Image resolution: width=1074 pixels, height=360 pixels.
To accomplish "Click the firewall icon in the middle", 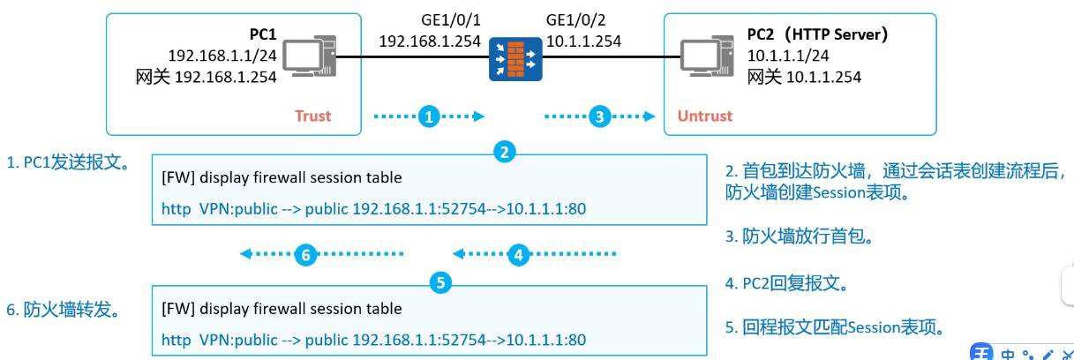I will (x=516, y=58).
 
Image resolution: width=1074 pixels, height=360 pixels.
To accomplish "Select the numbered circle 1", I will (x=429, y=116).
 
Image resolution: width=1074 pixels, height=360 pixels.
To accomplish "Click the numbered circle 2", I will (x=504, y=152).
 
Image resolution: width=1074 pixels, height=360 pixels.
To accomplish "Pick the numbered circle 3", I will (x=600, y=116).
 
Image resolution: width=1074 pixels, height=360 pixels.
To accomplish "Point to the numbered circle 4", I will (x=519, y=255).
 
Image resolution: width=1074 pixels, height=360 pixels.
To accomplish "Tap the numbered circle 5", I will (x=441, y=283).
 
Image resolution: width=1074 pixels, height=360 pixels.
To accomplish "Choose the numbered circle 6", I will (x=305, y=255).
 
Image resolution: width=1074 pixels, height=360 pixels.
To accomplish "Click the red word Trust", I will (x=313, y=116).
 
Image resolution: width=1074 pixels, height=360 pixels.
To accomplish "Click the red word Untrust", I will (x=704, y=116).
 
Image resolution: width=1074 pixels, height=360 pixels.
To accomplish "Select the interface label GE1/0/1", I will (x=450, y=19).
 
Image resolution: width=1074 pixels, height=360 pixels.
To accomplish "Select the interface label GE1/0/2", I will (x=576, y=19).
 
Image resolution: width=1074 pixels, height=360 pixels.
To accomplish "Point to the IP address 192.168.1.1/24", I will (x=222, y=56).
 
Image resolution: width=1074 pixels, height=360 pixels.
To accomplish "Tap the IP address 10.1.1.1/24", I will (x=788, y=56).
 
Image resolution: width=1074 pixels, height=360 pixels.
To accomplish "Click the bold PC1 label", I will (x=262, y=35).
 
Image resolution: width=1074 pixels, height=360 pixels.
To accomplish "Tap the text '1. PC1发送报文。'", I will (x=68, y=162).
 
